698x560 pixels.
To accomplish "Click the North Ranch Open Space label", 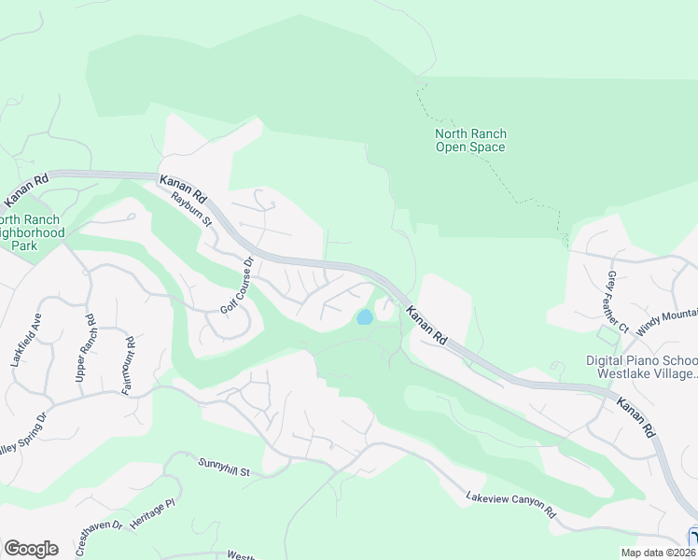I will click(x=470, y=140).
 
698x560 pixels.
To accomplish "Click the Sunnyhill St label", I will click(x=225, y=468).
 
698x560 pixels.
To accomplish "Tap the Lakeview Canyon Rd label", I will click(x=510, y=505).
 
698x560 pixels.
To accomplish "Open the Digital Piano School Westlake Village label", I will click(x=641, y=367).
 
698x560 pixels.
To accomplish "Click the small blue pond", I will click(x=364, y=317).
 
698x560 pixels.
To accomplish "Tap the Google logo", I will click(x=31, y=548).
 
